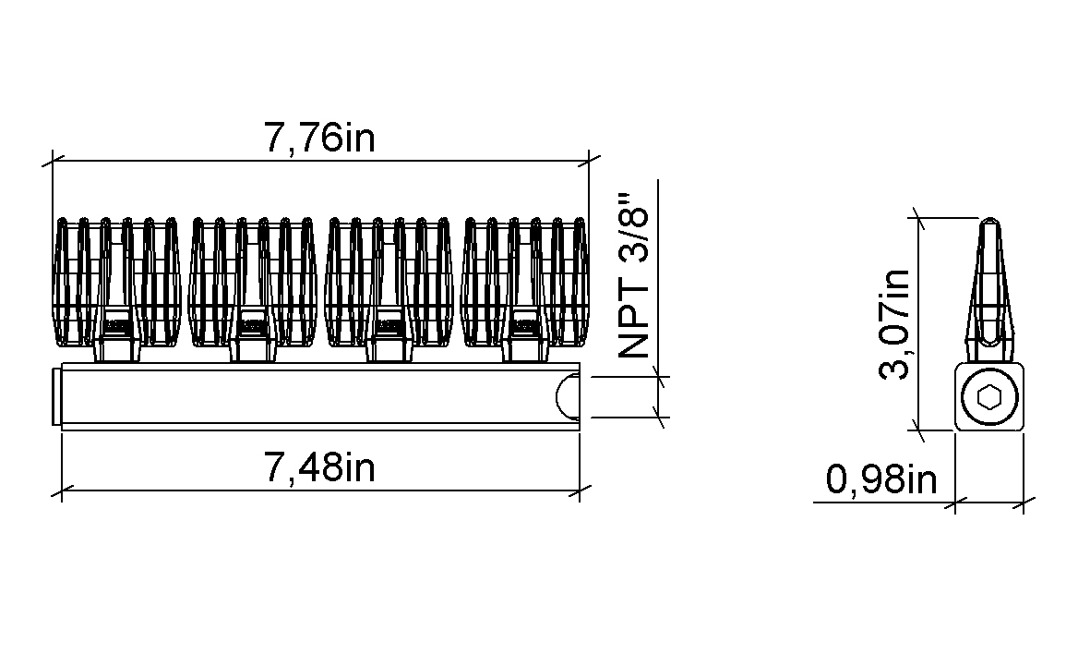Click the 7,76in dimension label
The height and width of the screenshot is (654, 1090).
click(319, 138)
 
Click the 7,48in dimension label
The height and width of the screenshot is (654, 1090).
click(319, 466)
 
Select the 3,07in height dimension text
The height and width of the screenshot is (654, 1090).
click(894, 323)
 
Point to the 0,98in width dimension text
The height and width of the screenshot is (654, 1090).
click(881, 478)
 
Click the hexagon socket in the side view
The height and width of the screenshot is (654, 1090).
click(988, 398)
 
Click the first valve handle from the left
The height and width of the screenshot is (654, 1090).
click(117, 282)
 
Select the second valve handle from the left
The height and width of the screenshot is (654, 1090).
click(253, 282)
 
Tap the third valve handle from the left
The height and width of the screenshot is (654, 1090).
click(389, 282)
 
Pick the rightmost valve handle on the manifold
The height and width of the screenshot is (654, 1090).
click(525, 282)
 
